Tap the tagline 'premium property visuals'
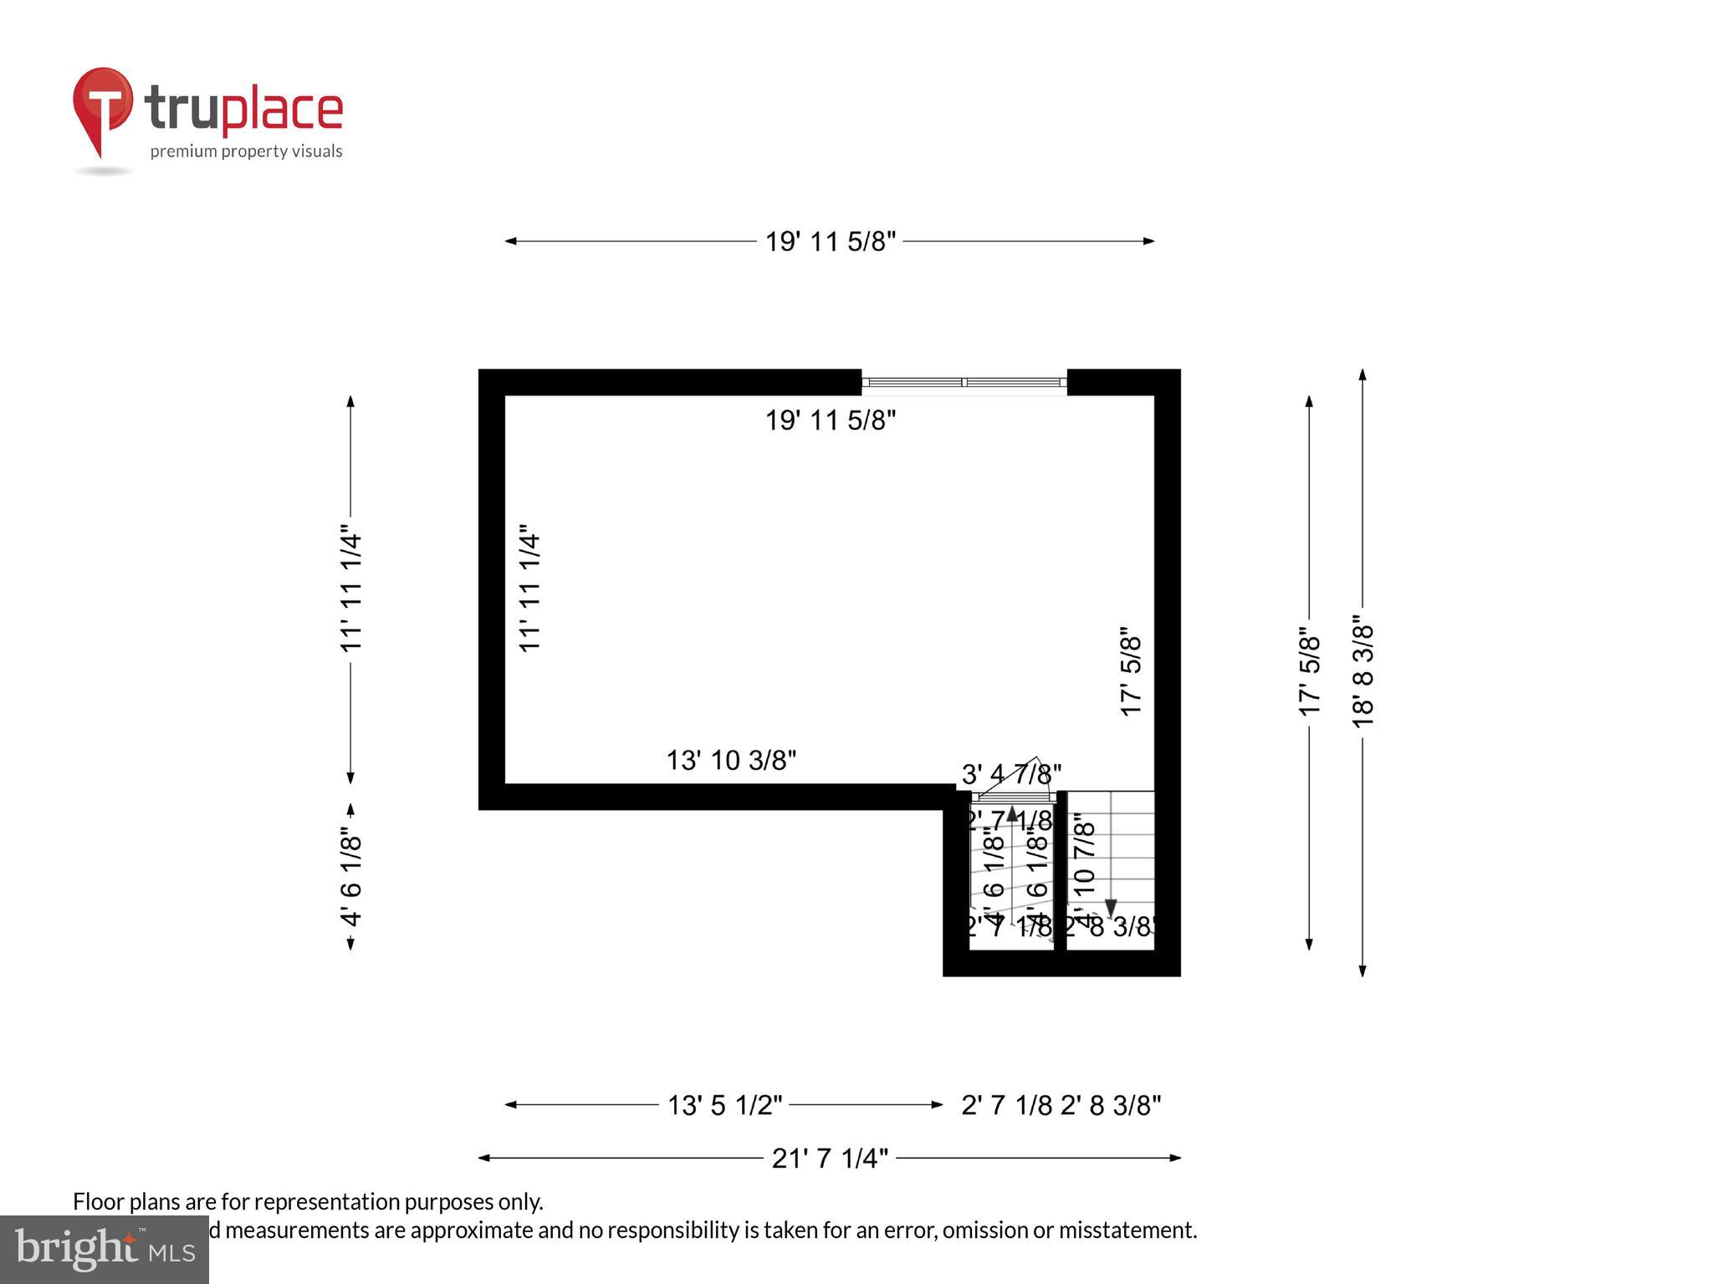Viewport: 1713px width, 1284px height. point(246,151)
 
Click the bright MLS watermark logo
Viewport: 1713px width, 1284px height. point(104,1249)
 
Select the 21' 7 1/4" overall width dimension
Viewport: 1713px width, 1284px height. point(829,1158)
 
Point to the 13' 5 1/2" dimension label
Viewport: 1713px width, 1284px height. point(724,1105)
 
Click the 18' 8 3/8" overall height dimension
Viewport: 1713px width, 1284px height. point(1363,675)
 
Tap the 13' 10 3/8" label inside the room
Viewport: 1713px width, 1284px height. point(731,760)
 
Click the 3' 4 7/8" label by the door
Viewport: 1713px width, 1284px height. point(1011,774)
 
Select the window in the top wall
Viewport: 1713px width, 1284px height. point(964,382)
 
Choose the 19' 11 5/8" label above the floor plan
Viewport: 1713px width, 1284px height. point(831,242)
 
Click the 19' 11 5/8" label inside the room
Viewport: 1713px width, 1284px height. point(831,420)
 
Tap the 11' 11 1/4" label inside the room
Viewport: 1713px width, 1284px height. point(530,588)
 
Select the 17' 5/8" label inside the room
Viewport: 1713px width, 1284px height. point(1131,671)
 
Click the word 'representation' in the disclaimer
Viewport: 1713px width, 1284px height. point(326,1201)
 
